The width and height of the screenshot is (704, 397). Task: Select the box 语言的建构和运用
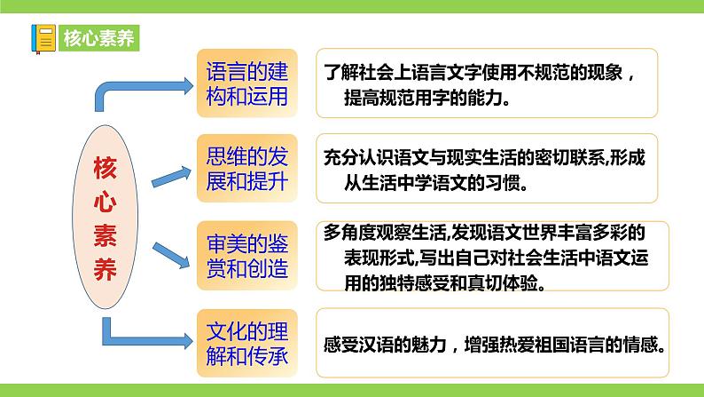246,83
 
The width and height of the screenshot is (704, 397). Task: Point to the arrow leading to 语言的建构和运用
142,87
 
